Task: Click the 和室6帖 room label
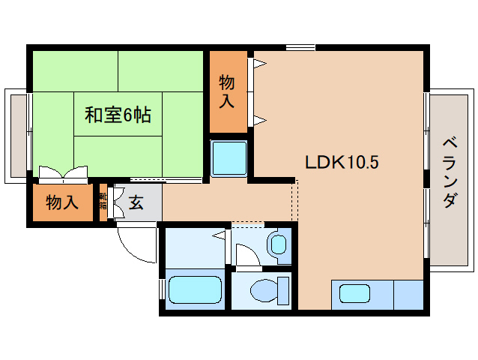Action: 118,115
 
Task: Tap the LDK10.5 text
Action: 336,162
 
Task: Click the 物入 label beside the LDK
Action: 227,91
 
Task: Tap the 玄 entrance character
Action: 136,202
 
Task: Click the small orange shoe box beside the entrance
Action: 103,202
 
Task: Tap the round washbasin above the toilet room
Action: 278,244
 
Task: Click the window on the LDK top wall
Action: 300,48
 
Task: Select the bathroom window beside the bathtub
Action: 161,289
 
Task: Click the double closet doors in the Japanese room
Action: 63,175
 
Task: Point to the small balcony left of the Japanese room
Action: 16,135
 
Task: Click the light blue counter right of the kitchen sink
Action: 408,294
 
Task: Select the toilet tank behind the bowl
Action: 283,289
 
